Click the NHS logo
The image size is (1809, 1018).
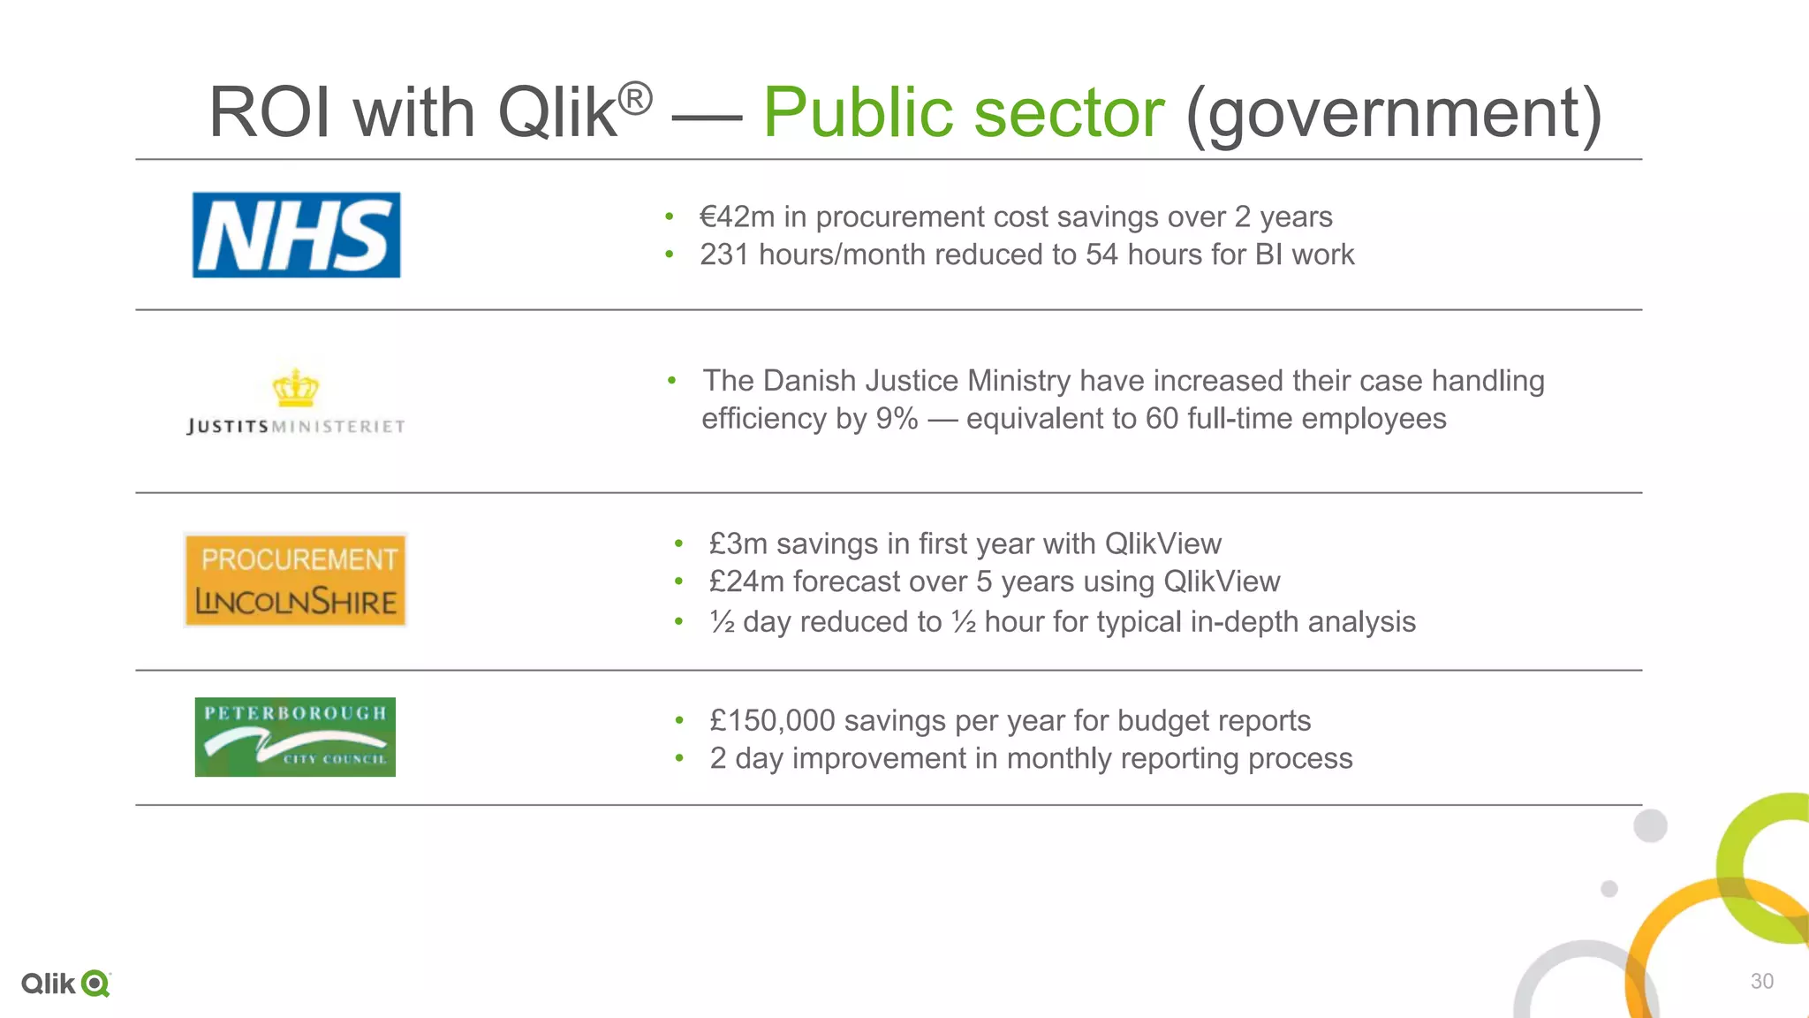(x=296, y=235)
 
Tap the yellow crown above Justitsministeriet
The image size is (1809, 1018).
(x=295, y=388)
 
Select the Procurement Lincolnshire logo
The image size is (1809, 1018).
(x=295, y=581)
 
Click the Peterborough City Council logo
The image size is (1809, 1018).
(x=295, y=737)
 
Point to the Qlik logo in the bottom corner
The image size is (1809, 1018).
(x=65, y=984)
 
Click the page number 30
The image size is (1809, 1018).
(x=1761, y=981)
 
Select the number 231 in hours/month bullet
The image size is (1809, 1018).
(x=724, y=254)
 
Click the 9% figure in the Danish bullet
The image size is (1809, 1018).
(x=897, y=418)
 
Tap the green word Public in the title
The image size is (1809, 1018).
(x=858, y=112)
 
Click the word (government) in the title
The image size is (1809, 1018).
(x=1393, y=112)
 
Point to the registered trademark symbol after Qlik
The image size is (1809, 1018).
(x=634, y=98)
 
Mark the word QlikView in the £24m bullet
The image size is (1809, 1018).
(x=1222, y=581)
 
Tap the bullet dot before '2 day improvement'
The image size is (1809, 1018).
(x=679, y=758)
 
